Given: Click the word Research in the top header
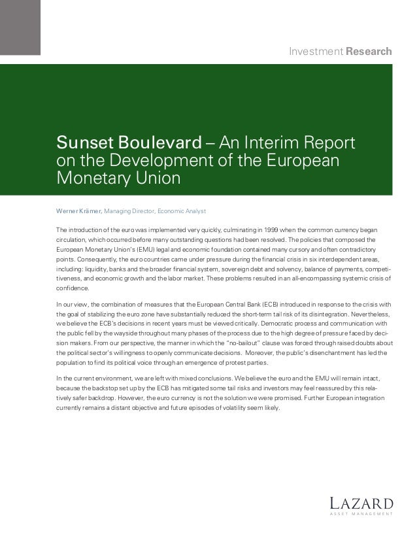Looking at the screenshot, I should (x=370, y=51).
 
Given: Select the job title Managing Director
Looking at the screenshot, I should (x=134, y=211).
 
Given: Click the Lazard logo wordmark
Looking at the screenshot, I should (x=361, y=503).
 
